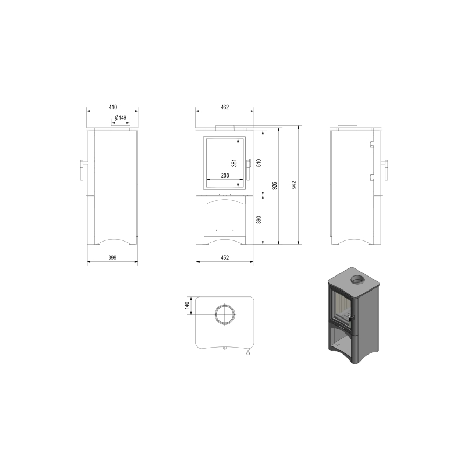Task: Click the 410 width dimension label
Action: click(x=112, y=107)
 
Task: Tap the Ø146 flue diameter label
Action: click(x=120, y=118)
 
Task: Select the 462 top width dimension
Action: click(x=225, y=107)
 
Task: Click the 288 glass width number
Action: click(x=225, y=175)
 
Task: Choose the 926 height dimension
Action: click(x=275, y=186)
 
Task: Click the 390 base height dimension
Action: click(x=258, y=220)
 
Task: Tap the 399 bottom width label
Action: click(x=112, y=258)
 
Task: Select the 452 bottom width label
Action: click(x=225, y=258)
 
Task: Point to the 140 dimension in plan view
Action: click(x=187, y=306)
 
